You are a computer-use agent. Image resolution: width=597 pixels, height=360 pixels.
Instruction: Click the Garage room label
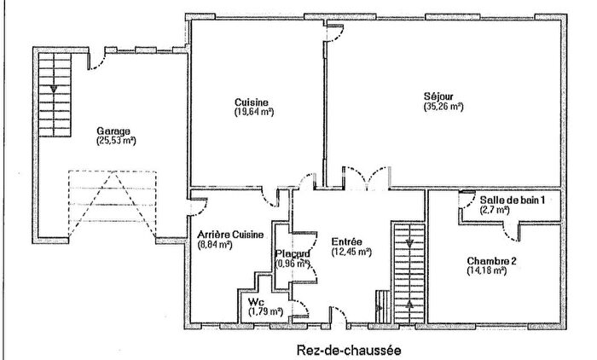(x=113, y=131)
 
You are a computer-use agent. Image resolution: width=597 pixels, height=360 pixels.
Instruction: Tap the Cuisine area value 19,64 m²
(x=254, y=111)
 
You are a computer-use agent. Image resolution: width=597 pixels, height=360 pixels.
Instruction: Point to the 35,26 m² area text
(x=443, y=107)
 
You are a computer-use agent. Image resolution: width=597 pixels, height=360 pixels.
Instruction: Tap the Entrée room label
(x=346, y=241)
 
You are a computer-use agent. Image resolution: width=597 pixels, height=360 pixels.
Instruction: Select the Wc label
(x=256, y=303)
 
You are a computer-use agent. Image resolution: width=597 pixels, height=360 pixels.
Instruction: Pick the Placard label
(x=293, y=253)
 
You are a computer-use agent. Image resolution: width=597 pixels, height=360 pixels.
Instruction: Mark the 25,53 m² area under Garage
(x=117, y=141)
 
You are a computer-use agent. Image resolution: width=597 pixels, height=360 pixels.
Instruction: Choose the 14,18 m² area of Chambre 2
(x=487, y=271)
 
